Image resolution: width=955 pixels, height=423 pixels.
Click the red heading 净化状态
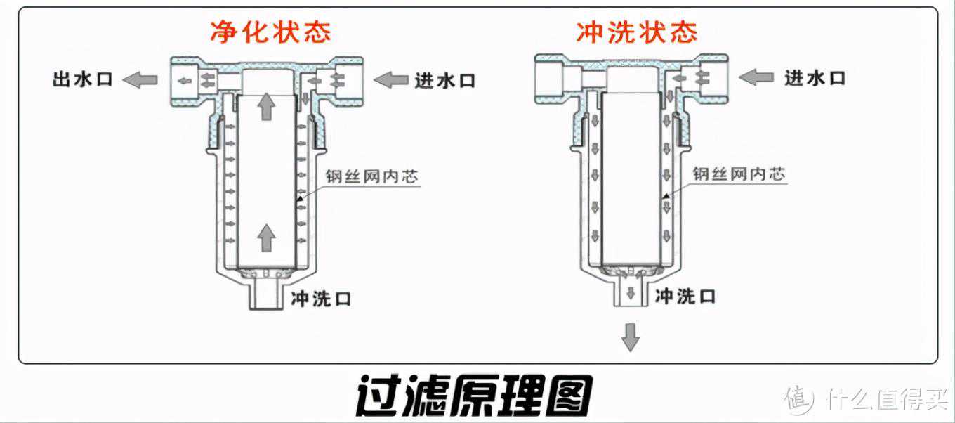click(270, 32)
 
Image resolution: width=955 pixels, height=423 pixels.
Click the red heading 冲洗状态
click(637, 32)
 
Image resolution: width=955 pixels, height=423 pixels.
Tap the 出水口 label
click(82, 79)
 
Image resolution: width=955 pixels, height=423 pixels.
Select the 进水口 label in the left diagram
click(444, 80)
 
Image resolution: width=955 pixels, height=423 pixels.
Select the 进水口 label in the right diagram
click(815, 77)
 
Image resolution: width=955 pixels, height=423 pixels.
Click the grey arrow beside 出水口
click(140, 79)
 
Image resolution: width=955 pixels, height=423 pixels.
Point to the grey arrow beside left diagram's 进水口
click(390, 80)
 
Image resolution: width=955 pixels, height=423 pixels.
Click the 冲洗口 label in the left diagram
click(321, 299)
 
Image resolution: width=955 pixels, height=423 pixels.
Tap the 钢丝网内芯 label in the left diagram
click(371, 176)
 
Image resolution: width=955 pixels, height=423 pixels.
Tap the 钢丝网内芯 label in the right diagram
click(739, 174)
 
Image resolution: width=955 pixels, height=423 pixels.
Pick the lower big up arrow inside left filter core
click(265, 237)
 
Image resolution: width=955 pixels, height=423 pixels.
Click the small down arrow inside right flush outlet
click(631, 293)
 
